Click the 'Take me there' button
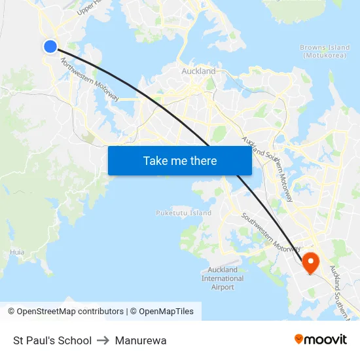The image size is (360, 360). click(179, 160)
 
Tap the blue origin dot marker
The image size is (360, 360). click(50, 46)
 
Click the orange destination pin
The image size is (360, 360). click(310, 262)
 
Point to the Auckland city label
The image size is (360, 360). click(198, 71)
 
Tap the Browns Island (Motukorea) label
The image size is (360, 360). click(325, 51)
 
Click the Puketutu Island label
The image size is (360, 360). click(183, 213)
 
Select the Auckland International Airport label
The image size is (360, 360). click(223, 278)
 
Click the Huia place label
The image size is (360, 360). click(17, 251)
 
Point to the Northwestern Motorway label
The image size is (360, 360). click(90, 80)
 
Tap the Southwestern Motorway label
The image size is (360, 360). click(271, 233)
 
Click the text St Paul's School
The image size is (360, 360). click(52, 340)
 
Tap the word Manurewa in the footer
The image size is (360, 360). click(141, 340)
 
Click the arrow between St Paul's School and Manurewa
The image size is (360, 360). click(103, 340)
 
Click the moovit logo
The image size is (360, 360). click(321, 340)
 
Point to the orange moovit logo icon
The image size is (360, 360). click(299, 339)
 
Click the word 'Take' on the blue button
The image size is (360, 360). click(155, 160)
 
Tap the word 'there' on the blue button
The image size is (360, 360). click(203, 160)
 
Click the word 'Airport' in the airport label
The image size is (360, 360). click(223, 287)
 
